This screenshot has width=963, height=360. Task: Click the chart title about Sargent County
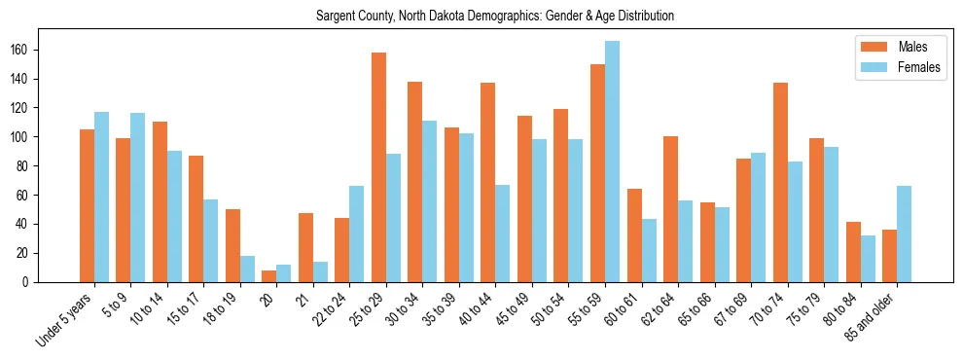pos(495,17)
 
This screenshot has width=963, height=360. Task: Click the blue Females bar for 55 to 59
pos(612,162)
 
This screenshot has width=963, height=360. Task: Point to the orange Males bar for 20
pos(268,276)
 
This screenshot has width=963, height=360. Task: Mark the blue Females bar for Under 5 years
pos(101,197)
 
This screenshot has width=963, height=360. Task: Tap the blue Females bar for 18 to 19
pos(247,269)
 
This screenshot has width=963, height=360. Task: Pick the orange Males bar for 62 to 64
pos(670,209)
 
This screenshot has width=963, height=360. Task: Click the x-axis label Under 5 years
pos(65,319)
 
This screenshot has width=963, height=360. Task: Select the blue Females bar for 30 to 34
pos(430,201)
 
